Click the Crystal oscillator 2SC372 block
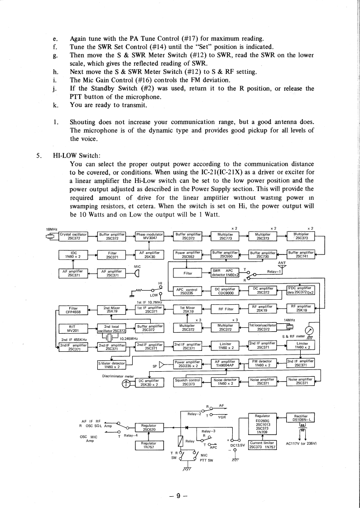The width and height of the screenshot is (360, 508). pyautogui.click(x=74, y=236)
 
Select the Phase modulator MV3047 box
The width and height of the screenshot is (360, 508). pyautogui.click(x=149, y=236)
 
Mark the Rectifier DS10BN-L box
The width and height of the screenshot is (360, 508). pyautogui.click(x=301, y=418)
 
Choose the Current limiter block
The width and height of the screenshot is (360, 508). pyautogui.click(x=263, y=446)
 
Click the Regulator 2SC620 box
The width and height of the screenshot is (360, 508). pyautogui.click(x=149, y=427)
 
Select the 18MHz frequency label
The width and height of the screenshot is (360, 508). pyautogui.click(x=51, y=229)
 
